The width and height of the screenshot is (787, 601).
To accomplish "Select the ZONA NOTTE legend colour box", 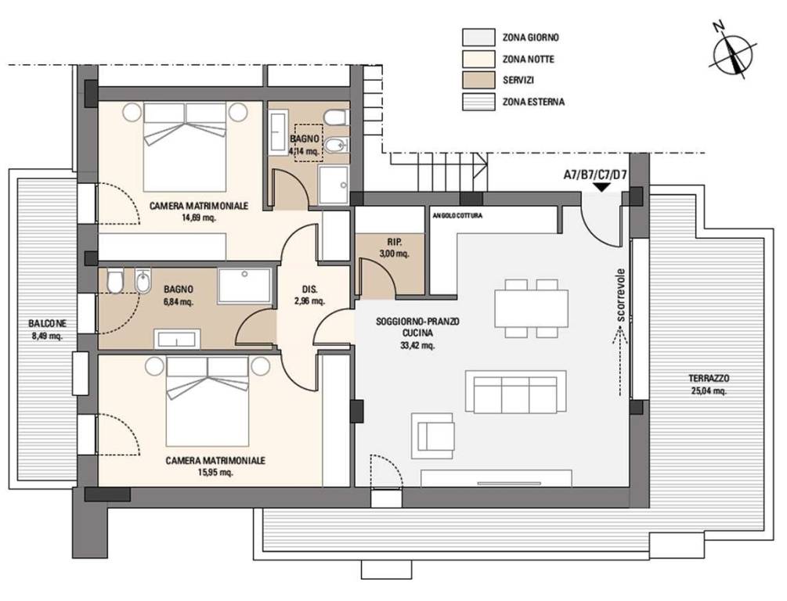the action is [x=478, y=59].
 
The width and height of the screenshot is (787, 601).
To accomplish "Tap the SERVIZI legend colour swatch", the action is [x=478, y=81].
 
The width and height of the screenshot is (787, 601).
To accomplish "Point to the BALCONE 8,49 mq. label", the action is [x=47, y=330].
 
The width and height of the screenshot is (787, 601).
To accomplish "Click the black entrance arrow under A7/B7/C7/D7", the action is [x=601, y=187].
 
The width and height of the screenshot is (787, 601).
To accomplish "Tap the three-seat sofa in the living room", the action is [x=516, y=392].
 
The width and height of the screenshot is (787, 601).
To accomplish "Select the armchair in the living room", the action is [x=433, y=435].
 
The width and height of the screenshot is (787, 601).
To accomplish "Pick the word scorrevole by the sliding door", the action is [x=621, y=295].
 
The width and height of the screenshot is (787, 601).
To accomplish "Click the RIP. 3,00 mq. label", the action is [x=395, y=248].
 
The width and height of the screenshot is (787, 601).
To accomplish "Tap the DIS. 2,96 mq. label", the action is [x=309, y=296].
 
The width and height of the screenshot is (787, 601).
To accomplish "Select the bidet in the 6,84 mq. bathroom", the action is [x=143, y=280].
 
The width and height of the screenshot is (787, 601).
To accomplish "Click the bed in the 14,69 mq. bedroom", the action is [x=186, y=146].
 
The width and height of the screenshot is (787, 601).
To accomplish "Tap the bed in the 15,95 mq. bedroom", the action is [x=208, y=401].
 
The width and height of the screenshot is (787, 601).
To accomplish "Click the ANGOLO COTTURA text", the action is [x=457, y=216].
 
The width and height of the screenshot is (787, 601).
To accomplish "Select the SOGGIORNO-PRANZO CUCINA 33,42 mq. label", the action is [x=417, y=333].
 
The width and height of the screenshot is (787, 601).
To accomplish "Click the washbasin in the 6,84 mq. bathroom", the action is [x=177, y=339].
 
